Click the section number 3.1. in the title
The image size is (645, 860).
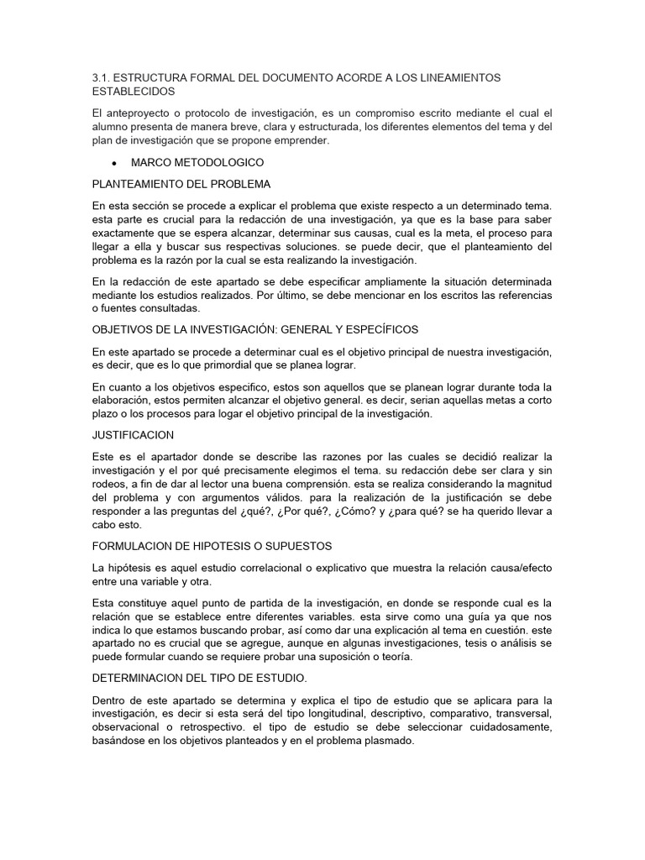coord(101,77)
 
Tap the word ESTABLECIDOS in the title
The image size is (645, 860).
coord(134,90)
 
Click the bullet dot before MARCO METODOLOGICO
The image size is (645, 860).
coord(113,162)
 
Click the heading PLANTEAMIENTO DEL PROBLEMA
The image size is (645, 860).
coord(181,184)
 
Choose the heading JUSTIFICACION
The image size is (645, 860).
coord(133,435)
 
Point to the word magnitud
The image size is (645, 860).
coord(525,485)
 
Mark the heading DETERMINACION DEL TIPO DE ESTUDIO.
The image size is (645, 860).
coord(199,679)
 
